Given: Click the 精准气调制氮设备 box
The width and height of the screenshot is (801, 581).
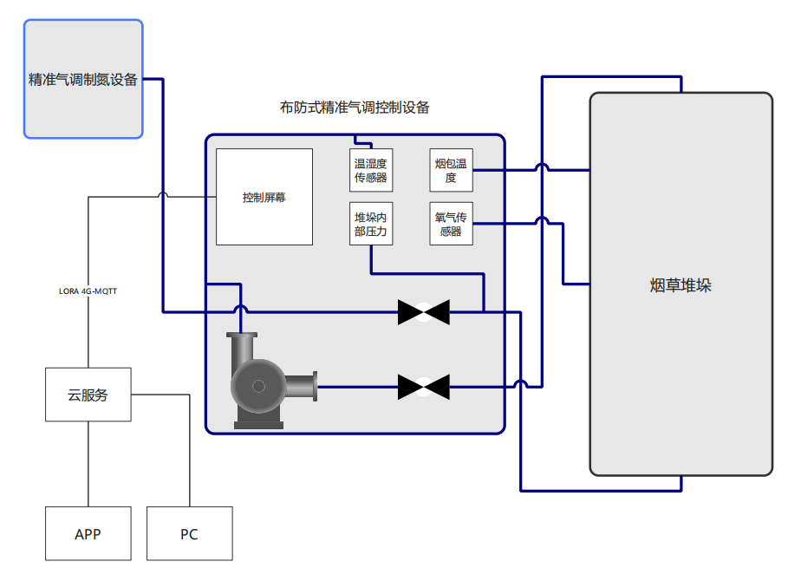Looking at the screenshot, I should coord(83,79).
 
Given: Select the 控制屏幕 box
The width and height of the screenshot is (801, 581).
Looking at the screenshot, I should coord(264,197).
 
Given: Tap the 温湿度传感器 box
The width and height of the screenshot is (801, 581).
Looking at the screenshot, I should coord(371,170).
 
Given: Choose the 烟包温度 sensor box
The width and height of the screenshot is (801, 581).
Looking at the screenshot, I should coord(451,170).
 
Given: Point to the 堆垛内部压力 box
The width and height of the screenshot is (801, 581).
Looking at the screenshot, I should coord(371,224).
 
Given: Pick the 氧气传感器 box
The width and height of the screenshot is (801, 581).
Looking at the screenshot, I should coord(451,224).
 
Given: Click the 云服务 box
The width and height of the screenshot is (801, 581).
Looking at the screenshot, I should coord(88,395).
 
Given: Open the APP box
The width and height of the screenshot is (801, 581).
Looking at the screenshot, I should coord(88,533).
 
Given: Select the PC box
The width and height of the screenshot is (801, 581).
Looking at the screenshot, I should coord(189,533).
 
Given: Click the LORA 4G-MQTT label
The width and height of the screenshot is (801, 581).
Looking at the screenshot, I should coord(88,291).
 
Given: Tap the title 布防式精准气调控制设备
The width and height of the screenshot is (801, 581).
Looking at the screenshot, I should coord(355,108).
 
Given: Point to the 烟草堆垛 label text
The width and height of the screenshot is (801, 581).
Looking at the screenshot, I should coord(681,285).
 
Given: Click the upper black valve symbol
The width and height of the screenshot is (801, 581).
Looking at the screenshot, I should coord(424,311).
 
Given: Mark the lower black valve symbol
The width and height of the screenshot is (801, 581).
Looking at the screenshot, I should coord(424,386).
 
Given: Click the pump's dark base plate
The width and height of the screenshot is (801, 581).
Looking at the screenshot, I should coord(258,424).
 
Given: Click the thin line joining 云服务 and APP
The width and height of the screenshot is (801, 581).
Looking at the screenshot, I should coord(88,464).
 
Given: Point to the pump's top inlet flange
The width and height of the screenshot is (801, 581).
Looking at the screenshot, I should coord(241,336).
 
